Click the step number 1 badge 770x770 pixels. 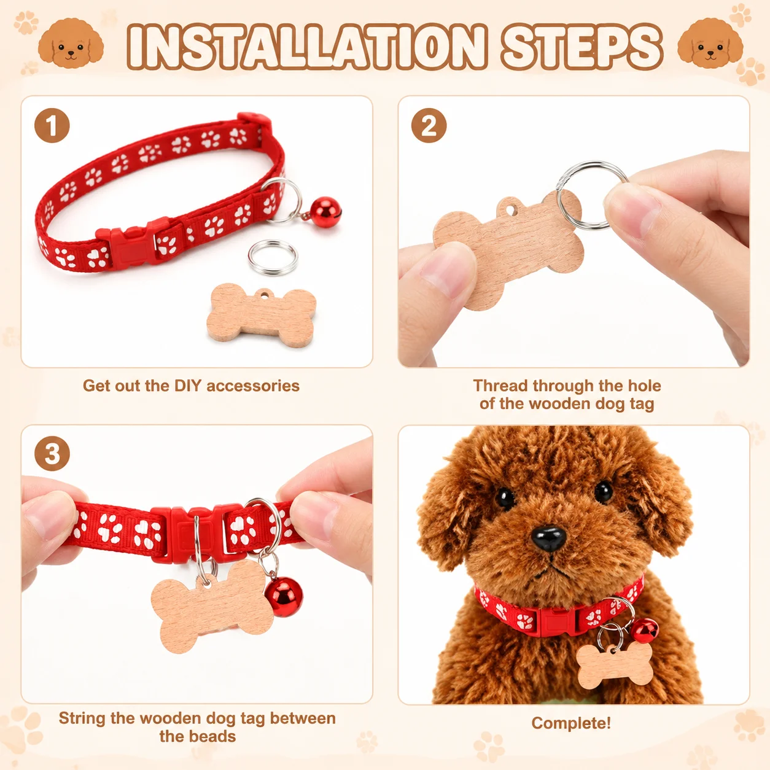[x=52, y=125]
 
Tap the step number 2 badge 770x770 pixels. [x=429, y=125]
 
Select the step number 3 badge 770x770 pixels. [x=52, y=454]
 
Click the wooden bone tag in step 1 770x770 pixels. [x=262, y=315]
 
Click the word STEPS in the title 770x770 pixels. [x=581, y=47]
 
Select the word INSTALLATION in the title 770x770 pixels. [x=308, y=47]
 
